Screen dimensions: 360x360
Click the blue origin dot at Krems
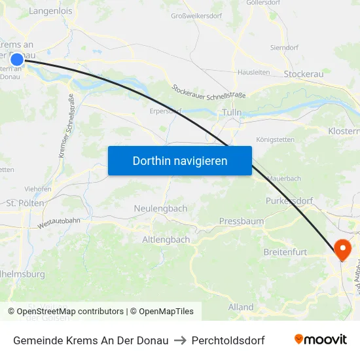[x=17, y=60]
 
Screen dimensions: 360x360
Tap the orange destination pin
[x=342, y=249]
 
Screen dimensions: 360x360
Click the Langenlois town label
[x=51, y=11]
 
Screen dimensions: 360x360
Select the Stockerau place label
[x=304, y=74]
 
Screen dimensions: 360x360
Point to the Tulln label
[x=232, y=113]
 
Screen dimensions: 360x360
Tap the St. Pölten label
[x=25, y=203]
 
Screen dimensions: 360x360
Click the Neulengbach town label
[x=160, y=208]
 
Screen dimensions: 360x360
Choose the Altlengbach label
[x=166, y=240]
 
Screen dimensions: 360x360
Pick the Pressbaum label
[x=242, y=221]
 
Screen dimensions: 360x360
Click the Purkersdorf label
[x=289, y=201]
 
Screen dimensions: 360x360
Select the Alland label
[x=241, y=307]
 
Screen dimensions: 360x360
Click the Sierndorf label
[x=284, y=48]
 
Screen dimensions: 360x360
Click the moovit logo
[x=320, y=339]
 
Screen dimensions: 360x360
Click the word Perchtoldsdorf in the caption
[x=228, y=340]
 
